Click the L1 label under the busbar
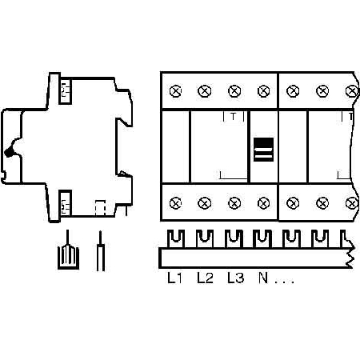(x=174, y=278)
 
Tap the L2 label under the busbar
(x=205, y=278)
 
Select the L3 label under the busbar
(x=236, y=278)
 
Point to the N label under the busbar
(x=263, y=278)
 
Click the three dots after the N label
(x=285, y=282)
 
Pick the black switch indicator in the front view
(x=263, y=150)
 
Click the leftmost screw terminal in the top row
(x=175, y=91)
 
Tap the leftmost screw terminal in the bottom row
(x=175, y=203)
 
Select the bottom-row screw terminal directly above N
(x=263, y=203)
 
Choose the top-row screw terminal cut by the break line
(x=352, y=91)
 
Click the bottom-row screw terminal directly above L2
(x=205, y=203)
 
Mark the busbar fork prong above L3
(x=234, y=239)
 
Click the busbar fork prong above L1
(x=176, y=239)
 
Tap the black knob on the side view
(x=9, y=151)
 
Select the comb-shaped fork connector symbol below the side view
(x=68, y=256)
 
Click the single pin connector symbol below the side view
(x=100, y=251)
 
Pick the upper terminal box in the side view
(x=65, y=90)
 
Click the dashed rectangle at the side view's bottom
(x=100, y=207)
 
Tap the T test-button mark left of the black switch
(x=234, y=117)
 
